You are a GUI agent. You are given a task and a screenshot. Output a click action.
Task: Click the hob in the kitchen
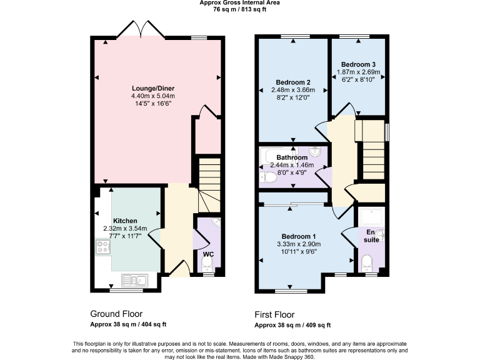(103, 247)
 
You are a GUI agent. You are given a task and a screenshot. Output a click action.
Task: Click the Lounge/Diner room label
(152, 88)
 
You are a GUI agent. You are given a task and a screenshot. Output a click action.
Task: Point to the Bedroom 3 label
(358, 64)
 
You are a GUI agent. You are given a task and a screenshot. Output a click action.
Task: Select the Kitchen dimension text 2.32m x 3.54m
(125, 229)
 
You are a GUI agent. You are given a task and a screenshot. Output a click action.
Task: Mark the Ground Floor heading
(116, 314)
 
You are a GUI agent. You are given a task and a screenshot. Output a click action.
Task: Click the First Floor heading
(274, 314)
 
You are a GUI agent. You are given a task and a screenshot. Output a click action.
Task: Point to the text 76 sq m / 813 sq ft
(240, 9)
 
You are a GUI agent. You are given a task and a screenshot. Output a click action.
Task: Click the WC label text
(208, 254)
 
